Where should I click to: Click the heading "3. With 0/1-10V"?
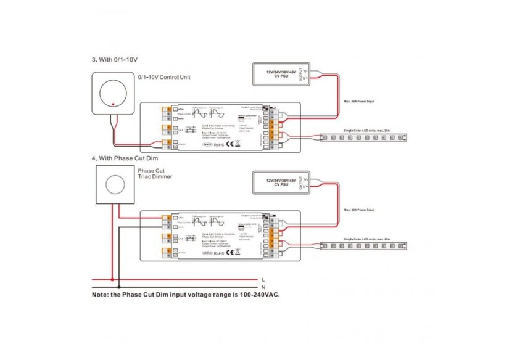click(115, 60)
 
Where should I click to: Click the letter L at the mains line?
click(264, 279)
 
